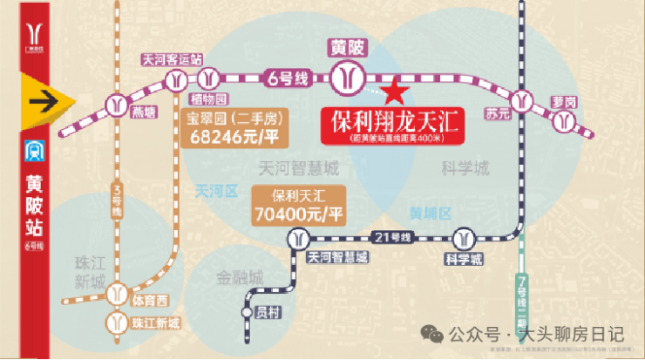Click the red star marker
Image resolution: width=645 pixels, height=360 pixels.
click(395, 89)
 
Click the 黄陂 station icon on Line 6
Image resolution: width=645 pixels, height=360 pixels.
click(350, 79)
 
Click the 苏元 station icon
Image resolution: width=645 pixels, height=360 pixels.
click(522, 100)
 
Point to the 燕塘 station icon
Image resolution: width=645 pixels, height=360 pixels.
click(114, 105)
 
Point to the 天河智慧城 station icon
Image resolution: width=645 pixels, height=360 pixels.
click(299, 238)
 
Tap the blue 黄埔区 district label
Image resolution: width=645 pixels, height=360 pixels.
click(431, 213)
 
